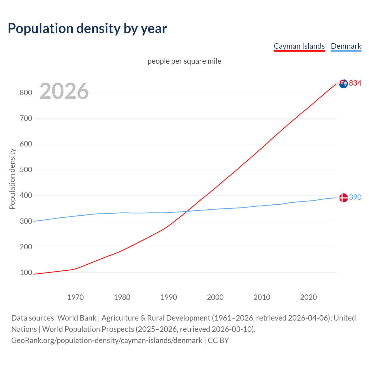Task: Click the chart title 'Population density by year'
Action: pyautogui.click(x=87, y=29)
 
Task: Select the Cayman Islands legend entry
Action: pyautogui.click(x=299, y=46)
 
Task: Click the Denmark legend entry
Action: pyautogui.click(x=346, y=46)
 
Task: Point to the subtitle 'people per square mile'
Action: pyautogui.click(x=184, y=61)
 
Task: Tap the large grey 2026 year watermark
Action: pyautogui.click(x=64, y=91)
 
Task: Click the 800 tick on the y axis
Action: pyautogui.click(x=26, y=93)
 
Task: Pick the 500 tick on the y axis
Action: pyautogui.click(x=26, y=170)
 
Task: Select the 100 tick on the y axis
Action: pyautogui.click(x=26, y=272)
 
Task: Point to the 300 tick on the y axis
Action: pyautogui.click(x=26, y=221)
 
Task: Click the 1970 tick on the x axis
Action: pyautogui.click(x=76, y=297)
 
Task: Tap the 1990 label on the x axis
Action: pyautogui.click(x=169, y=297)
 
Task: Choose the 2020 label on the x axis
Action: pyautogui.click(x=308, y=297)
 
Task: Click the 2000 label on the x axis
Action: pyautogui.click(x=215, y=297)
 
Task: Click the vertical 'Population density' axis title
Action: pyautogui.click(x=12, y=179)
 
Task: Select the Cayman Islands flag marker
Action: pyautogui.click(x=343, y=84)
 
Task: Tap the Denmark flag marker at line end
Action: pyautogui.click(x=343, y=198)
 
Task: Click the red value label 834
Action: pyautogui.click(x=355, y=83)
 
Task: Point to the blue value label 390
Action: pyautogui.click(x=355, y=197)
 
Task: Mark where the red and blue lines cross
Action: pyautogui.click(x=187, y=212)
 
